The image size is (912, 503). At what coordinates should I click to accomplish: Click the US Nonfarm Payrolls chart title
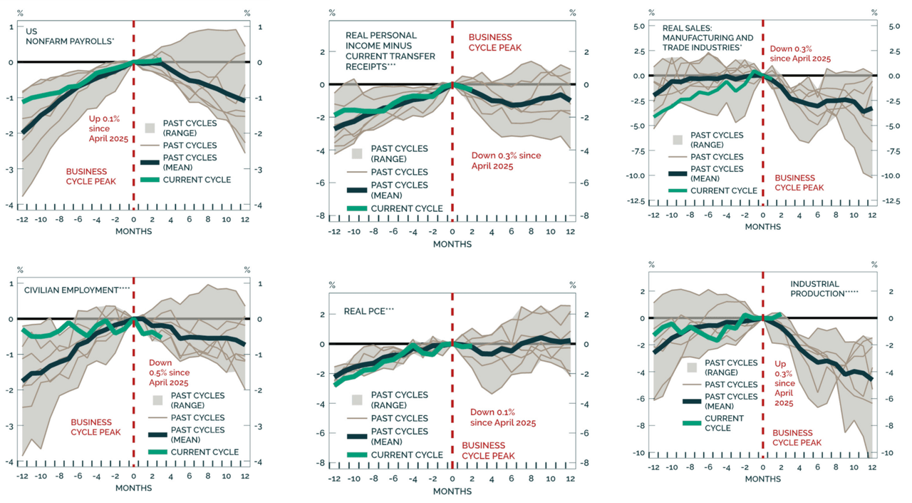[x=69, y=36]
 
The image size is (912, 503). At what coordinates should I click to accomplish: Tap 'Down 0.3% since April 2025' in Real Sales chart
[x=801, y=54]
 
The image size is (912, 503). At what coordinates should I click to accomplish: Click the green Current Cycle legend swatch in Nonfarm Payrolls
[x=150, y=180]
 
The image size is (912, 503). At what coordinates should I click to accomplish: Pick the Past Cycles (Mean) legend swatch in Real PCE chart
[x=356, y=437]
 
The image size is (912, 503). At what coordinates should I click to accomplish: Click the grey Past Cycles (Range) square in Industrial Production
[x=691, y=367]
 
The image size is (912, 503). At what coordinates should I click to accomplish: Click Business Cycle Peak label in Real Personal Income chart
[x=495, y=42]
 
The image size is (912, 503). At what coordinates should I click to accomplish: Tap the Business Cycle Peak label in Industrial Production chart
[x=797, y=437]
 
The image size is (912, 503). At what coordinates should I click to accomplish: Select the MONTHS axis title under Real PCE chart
[x=452, y=492]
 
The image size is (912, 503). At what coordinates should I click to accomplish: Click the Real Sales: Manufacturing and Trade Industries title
[x=707, y=38]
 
